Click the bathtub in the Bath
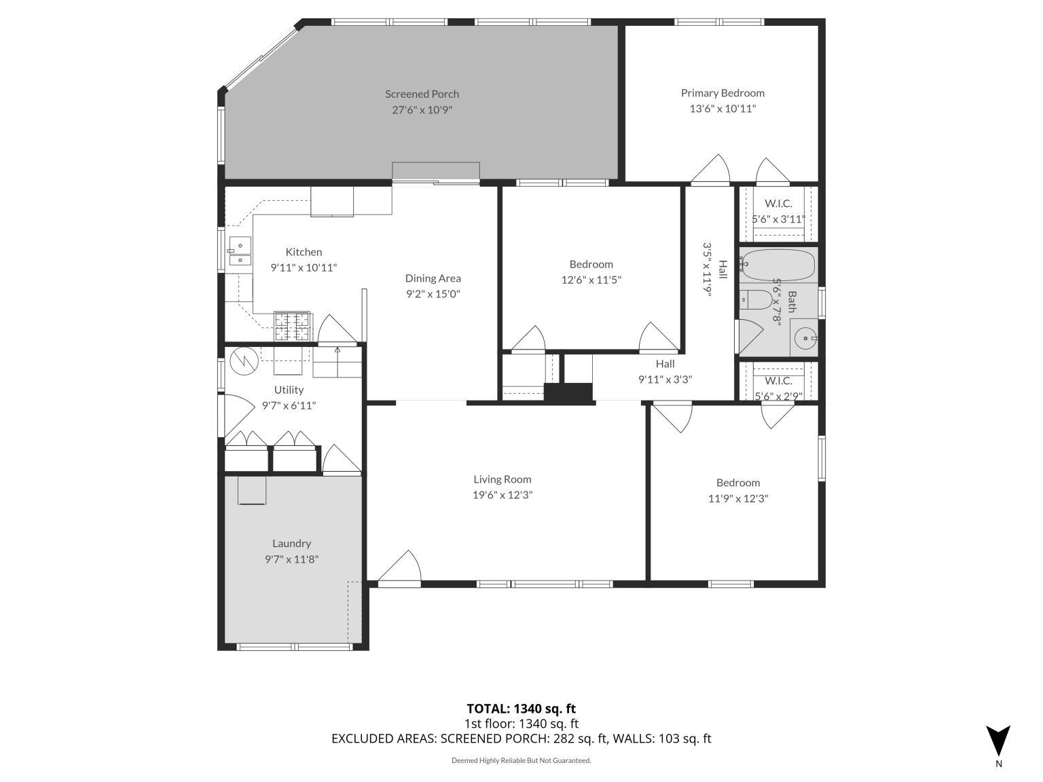pos(777,265)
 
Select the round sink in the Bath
pos(806,337)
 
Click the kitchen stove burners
pos(292,326)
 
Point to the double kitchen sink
pos(239,252)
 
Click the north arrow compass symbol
pos(998,741)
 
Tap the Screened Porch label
pos(422,94)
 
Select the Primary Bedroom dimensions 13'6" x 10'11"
pos(722,109)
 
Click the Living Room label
pos(502,479)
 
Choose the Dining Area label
pos(433,278)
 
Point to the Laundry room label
pos(291,543)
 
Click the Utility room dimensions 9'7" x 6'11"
pos(289,406)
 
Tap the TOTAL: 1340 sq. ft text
pos(521,709)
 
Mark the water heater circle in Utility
pos(242,361)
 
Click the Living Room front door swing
pos(401,568)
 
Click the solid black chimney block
pos(569,393)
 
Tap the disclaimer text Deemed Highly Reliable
pos(521,760)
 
